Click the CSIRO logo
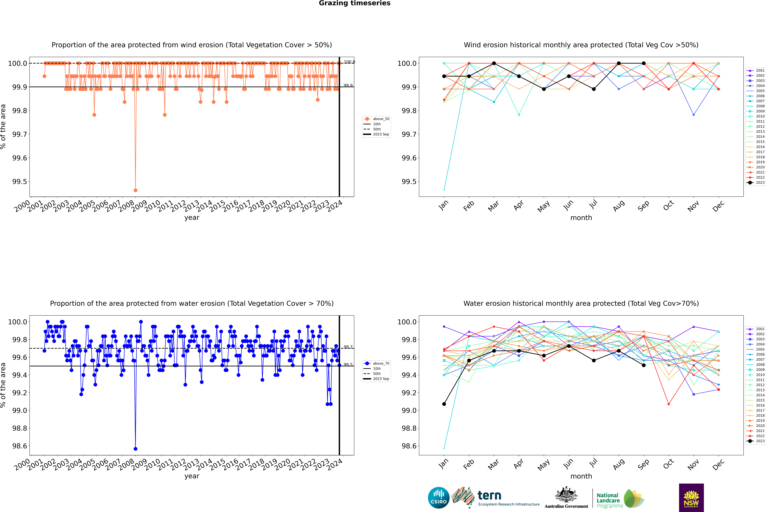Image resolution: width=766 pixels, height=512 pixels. [439, 498]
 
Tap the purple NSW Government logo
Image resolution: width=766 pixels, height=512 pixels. [691, 498]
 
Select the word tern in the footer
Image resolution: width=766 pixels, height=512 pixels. [489, 496]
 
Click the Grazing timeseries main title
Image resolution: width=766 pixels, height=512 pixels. [355, 3]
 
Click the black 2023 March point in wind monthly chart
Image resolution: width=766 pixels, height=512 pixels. [494, 63]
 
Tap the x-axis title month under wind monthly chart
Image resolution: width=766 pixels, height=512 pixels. [581, 218]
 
